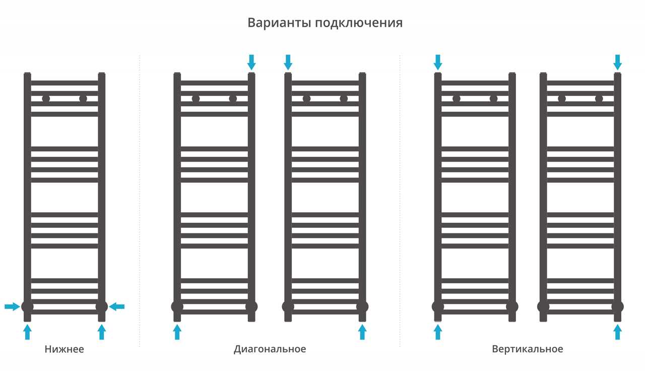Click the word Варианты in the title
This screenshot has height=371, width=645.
coord(279,23)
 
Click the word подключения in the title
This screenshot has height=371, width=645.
coord(359,23)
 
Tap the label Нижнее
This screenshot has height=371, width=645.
coord(64,349)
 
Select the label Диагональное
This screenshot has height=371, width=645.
coord(270,349)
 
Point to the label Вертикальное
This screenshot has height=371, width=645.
coord(528,349)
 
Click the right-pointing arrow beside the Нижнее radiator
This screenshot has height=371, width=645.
coord(13,306)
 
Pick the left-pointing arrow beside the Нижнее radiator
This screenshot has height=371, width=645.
coord(116,306)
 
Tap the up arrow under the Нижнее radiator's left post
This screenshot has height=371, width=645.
coord(27,332)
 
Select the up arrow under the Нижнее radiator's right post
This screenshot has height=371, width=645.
coord(102,332)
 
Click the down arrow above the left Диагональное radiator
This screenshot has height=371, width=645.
coord(251,62)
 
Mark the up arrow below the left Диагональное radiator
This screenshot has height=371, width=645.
coord(177,332)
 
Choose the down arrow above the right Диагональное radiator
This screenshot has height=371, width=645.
coord(288,62)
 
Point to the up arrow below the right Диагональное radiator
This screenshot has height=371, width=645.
coord(362,332)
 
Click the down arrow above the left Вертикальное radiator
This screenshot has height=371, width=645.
coord(438,62)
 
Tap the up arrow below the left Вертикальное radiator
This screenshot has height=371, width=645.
coord(438,332)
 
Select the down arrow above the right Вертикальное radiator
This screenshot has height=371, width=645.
coord(617,62)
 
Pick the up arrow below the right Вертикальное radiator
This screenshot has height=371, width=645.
coord(617,332)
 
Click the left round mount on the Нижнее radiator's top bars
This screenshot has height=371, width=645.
coord(46,99)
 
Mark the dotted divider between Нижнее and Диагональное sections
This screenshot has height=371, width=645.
coord(140,200)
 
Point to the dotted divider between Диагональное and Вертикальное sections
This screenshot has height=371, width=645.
coord(400,200)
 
